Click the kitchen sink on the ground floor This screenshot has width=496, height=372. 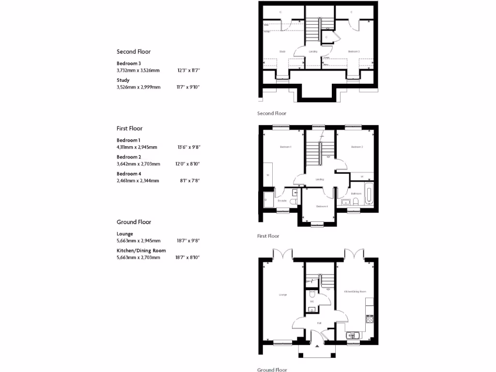(353, 335)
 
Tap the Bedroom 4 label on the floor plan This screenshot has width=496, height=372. (322, 206)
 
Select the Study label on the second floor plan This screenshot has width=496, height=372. (282, 51)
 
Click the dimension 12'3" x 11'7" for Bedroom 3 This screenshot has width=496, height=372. (188, 70)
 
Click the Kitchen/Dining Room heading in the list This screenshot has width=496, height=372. (141, 250)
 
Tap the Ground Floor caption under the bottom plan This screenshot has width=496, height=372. (272, 370)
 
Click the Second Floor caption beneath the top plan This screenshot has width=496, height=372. (271, 113)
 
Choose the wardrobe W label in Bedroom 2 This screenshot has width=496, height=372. (362, 176)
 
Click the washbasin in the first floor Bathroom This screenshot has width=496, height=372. (346, 202)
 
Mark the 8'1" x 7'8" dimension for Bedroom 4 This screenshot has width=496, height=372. (189, 180)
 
